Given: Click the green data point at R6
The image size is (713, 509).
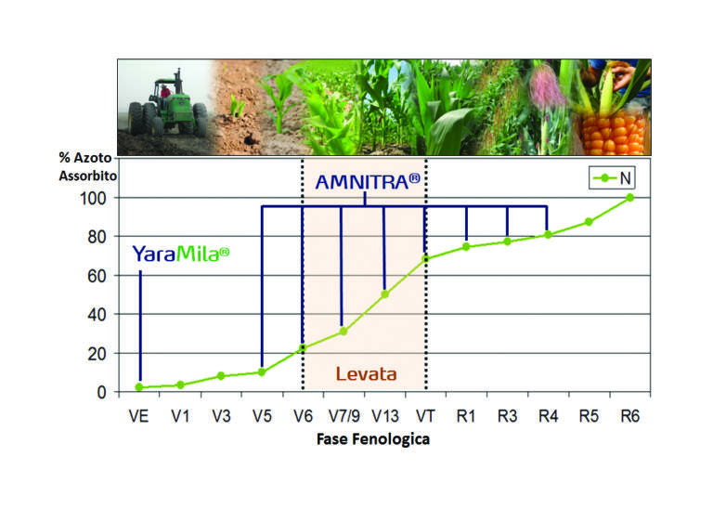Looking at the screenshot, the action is pos(629,198).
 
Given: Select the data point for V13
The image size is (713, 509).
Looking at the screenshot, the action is pos(384,294).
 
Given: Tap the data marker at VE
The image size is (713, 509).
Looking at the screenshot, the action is pos(139,387).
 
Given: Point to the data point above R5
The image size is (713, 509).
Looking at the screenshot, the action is pos(589,221).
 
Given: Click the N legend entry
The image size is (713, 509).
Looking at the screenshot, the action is pos(612,177).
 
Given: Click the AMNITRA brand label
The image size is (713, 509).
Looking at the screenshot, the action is pos(368,182).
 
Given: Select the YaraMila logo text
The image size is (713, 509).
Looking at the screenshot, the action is pos(180,254).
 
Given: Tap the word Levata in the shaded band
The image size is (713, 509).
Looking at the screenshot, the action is pos(366,374).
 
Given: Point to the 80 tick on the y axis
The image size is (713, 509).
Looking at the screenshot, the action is pos(97,237).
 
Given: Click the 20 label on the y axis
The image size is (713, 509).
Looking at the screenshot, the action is pos(97,354).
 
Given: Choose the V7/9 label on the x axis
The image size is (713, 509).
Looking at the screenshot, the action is pos(344,416).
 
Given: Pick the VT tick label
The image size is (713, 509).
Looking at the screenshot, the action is pos(425,416).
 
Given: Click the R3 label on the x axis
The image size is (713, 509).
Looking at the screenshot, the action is pos(507,416).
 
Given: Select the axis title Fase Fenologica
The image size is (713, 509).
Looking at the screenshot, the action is pos(373,439).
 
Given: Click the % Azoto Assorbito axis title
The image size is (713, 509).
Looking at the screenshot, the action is pos(87,166).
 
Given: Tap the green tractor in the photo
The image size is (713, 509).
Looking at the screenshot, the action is pos(168,107).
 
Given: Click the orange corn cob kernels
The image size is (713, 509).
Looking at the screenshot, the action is pos(614,133).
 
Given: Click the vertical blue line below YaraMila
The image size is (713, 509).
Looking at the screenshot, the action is pos(140,326).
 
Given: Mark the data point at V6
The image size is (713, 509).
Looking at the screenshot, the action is pos(303,348).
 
